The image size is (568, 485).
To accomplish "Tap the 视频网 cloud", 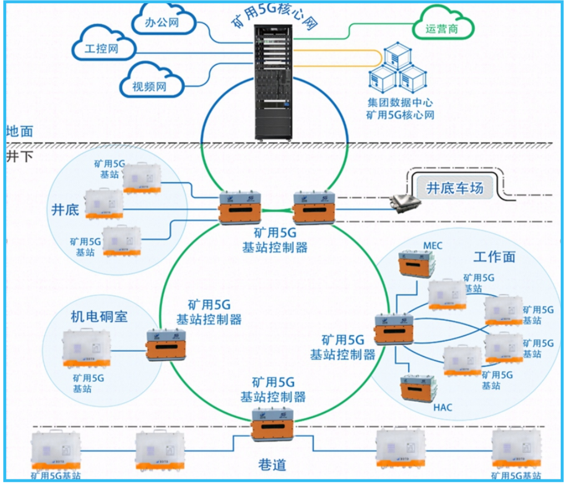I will pos(150,84).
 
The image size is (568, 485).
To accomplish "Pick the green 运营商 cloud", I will pos(443,28).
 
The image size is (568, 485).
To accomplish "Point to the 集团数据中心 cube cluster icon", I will pos(398,69).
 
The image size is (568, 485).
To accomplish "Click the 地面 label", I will pos(20,132).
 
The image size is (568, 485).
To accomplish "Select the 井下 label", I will pos(20,155).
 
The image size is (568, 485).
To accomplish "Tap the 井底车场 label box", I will pos(455,188).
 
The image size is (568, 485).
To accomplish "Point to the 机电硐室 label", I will pos(99,317).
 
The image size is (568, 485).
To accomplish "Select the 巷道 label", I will pos(273,464).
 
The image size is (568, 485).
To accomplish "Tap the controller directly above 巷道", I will pos(273,424).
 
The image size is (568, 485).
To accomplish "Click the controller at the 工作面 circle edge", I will pos(394,330).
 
